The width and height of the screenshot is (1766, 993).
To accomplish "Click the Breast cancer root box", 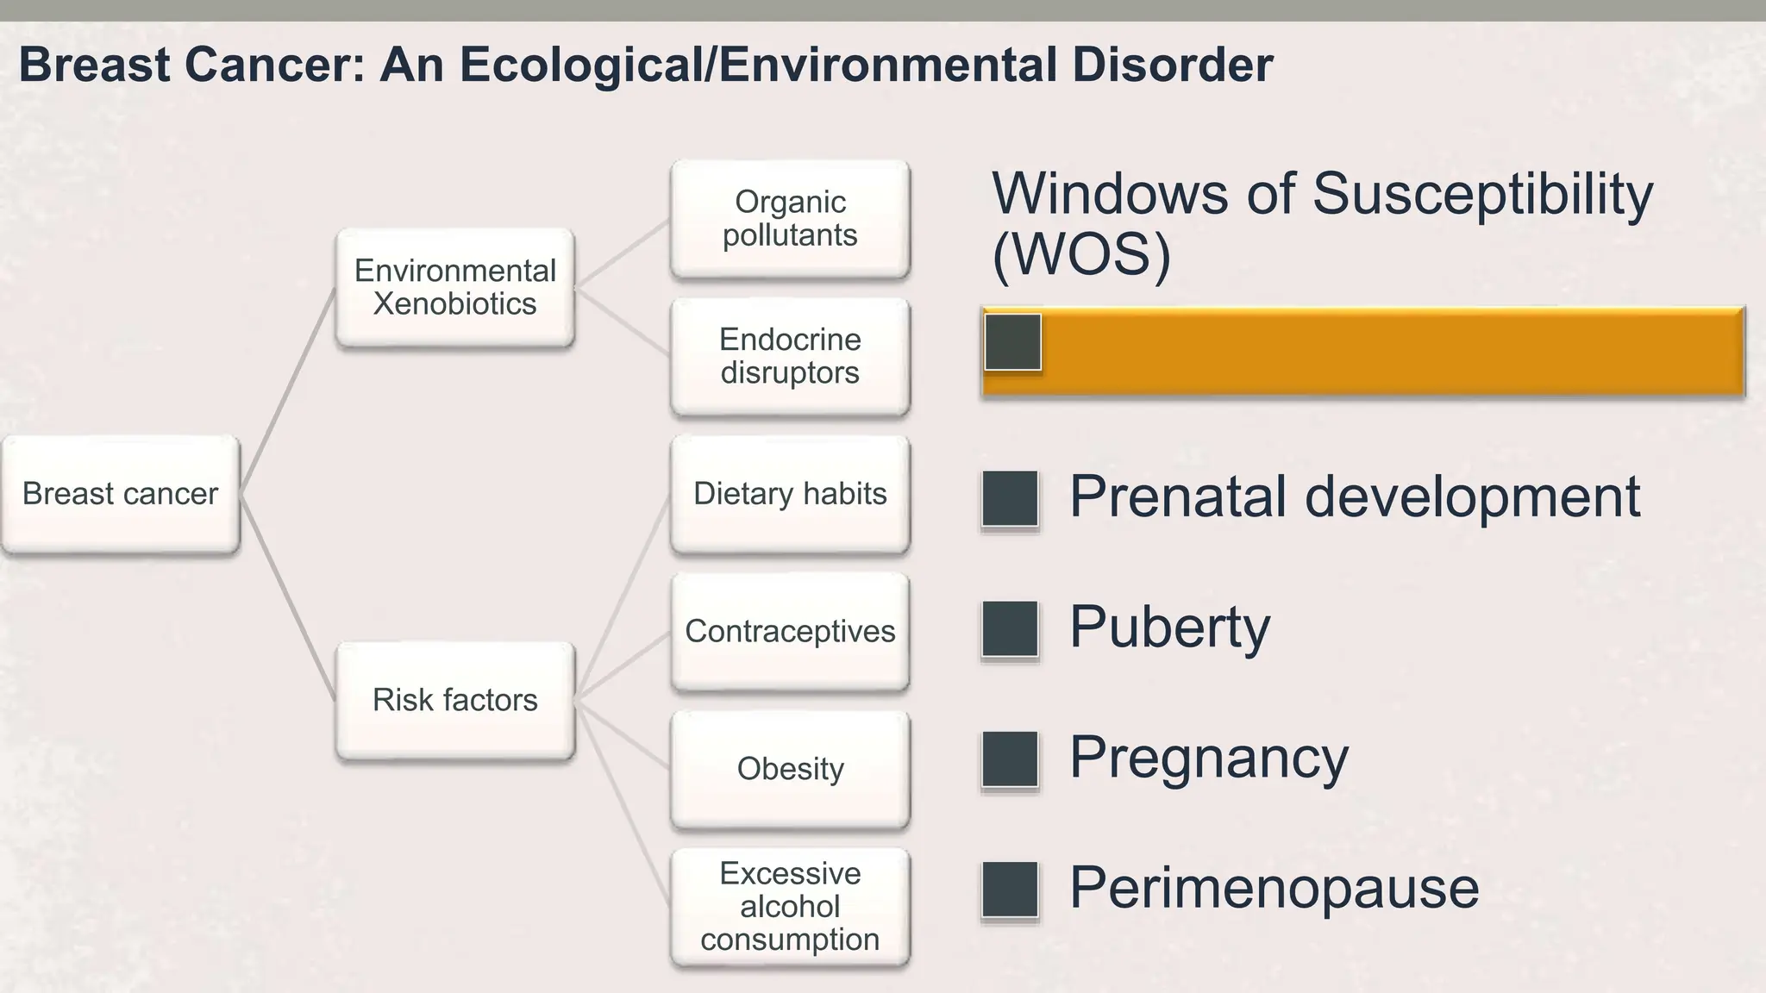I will (121, 494).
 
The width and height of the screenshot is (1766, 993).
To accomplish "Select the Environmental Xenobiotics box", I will (455, 287).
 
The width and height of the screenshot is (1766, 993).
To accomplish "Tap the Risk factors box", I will (455, 700).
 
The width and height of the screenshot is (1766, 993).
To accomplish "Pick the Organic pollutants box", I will (790, 218).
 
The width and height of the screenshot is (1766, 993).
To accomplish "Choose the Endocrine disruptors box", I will (790, 356).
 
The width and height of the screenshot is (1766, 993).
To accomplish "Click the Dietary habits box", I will (790, 494).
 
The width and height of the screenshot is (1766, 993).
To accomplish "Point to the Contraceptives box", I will (790, 631).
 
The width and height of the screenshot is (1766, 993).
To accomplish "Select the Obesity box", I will (790, 769).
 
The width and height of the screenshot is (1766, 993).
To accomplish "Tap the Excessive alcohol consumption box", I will (790, 907).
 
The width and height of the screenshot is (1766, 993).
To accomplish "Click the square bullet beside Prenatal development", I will (1010, 498).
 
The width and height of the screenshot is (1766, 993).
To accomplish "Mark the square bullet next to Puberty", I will (1010, 628).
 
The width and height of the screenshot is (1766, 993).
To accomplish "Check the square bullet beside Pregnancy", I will (1010, 759).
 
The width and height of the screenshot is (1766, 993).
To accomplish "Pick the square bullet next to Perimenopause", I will (1010, 889).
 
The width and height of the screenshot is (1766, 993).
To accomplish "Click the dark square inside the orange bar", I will (1013, 342).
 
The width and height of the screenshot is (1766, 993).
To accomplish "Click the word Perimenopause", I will (1274, 888).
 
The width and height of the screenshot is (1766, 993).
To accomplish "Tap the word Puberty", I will (1170, 628).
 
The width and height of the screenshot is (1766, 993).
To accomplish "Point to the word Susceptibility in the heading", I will (1482, 194).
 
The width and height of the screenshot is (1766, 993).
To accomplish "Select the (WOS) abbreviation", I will (1081, 254).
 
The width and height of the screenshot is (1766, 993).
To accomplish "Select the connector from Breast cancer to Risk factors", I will (288, 598).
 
